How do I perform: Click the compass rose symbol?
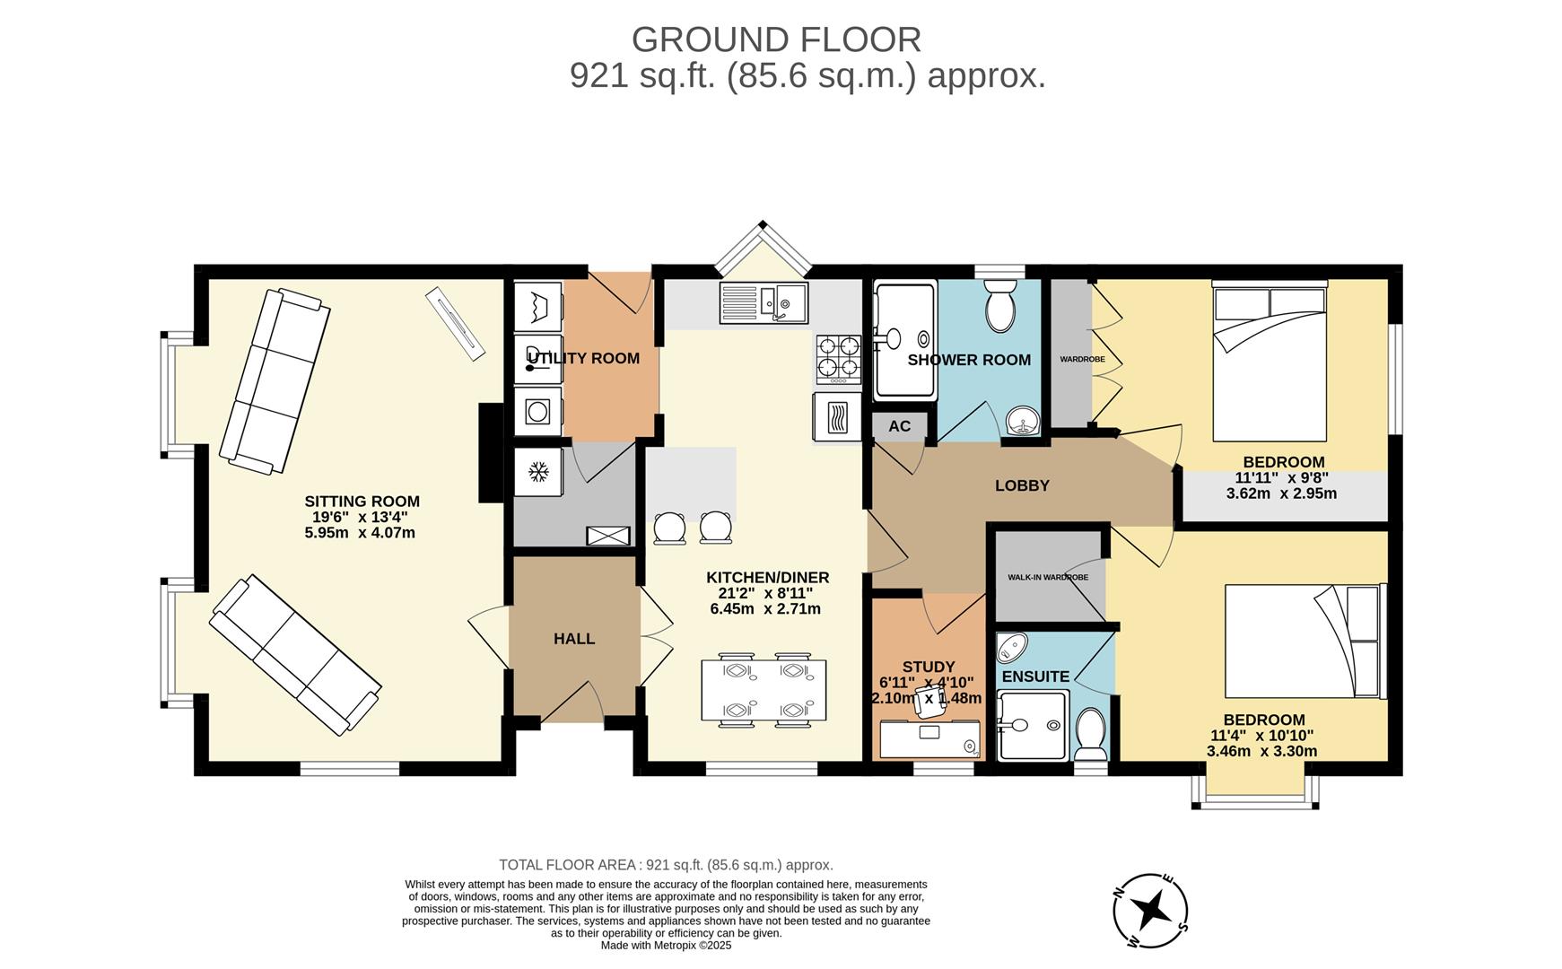click(x=1150, y=910)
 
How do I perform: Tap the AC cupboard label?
click(x=899, y=426)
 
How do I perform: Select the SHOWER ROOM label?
click(x=969, y=360)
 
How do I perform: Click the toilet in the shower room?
click(x=999, y=306)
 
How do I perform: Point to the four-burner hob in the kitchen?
click(x=838, y=358)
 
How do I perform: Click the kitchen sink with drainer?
click(x=764, y=302)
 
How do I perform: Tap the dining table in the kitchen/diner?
click(x=764, y=690)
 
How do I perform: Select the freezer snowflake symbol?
click(x=538, y=471)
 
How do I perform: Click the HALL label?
click(x=574, y=639)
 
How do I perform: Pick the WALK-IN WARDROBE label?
click(x=1048, y=577)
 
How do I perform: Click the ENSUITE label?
click(x=1035, y=677)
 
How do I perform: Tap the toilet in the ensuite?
click(x=1091, y=734)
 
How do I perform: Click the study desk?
click(x=929, y=740)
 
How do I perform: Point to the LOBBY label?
click(x=1022, y=485)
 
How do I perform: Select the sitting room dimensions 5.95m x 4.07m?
click(x=360, y=533)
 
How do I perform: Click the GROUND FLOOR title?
click(x=776, y=39)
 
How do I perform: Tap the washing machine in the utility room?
click(x=538, y=412)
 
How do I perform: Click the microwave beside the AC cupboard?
click(x=836, y=417)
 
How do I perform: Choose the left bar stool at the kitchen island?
click(x=668, y=528)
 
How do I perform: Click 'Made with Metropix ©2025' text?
click(x=666, y=945)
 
